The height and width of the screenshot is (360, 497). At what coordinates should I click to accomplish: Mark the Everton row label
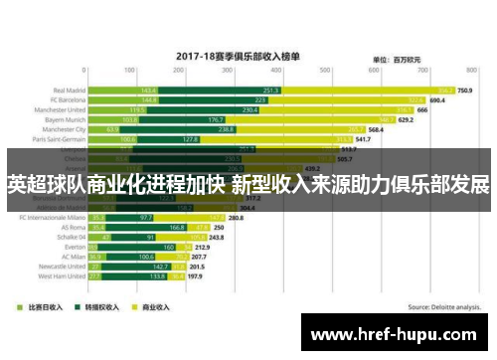point(72,247)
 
